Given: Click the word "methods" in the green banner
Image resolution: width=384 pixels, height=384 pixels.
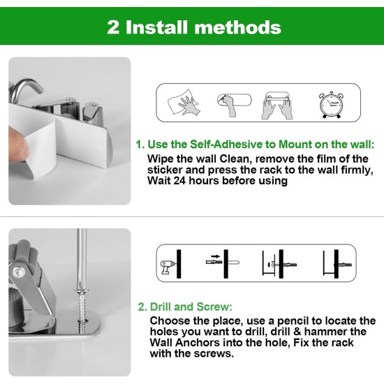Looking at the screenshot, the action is [237, 27].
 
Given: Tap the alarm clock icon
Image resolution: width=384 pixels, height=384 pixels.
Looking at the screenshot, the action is [331, 105].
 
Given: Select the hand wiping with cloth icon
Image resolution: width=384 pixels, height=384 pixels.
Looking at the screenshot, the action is [184, 103].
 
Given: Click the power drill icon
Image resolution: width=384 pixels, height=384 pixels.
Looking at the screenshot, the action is [168, 267].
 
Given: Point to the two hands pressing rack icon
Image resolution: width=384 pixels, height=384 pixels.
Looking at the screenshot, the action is [277, 105].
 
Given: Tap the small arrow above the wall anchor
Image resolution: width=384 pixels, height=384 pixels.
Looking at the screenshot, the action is [216, 256].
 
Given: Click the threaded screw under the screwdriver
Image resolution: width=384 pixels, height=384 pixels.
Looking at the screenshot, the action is [82, 311].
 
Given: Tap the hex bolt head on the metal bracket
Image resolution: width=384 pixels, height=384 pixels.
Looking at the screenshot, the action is [18, 271].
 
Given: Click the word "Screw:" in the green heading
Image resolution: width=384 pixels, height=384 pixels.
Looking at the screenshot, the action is [214, 307].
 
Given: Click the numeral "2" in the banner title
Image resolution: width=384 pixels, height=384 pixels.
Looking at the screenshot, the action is [113, 27].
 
